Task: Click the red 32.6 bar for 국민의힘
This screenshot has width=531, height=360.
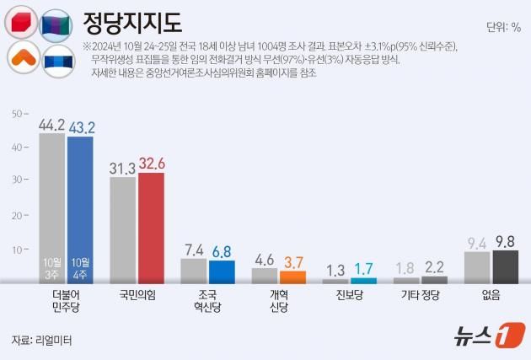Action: pyautogui.click(x=152, y=228)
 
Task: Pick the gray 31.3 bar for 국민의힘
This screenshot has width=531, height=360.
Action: pyautogui.click(x=123, y=230)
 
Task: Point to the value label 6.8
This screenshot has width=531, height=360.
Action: pyautogui.click(x=222, y=251)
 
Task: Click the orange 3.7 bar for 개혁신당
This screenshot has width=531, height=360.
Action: pyautogui.click(x=293, y=277)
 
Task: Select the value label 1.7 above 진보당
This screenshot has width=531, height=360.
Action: pyautogui.click(x=363, y=269)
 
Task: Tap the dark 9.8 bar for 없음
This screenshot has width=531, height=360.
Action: pyautogui.click(x=505, y=266)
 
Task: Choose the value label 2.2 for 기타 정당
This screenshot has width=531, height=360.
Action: pyautogui.click(x=435, y=267)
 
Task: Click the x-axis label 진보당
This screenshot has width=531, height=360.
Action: pyautogui.click(x=350, y=295)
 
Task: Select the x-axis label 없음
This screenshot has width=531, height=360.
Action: pyautogui.click(x=491, y=295)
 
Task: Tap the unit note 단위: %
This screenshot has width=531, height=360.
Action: pyautogui.click(x=503, y=28)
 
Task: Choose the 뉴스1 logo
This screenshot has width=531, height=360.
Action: pyautogui.click(x=483, y=336)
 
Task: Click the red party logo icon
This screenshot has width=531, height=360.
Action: pyautogui.click(x=21, y=23)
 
